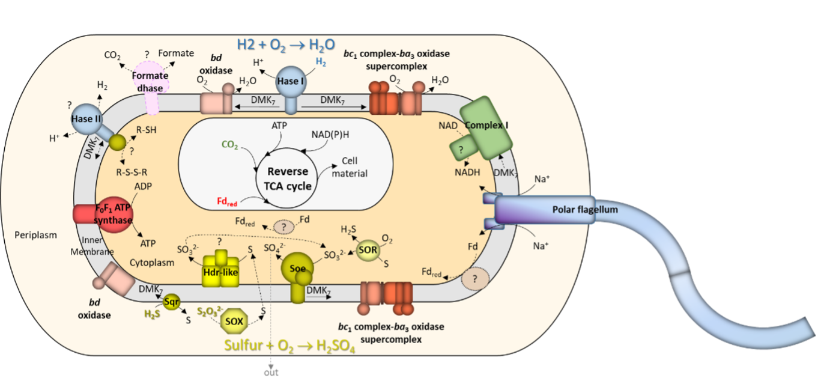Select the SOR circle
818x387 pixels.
tap(367, 249)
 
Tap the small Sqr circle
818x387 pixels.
tap(172, 300)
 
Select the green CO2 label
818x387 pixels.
tap(230, 145)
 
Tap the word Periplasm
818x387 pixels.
tap(35, 235)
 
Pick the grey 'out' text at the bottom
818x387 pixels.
tap(271, 373)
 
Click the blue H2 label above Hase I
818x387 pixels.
tap(321, 62)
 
